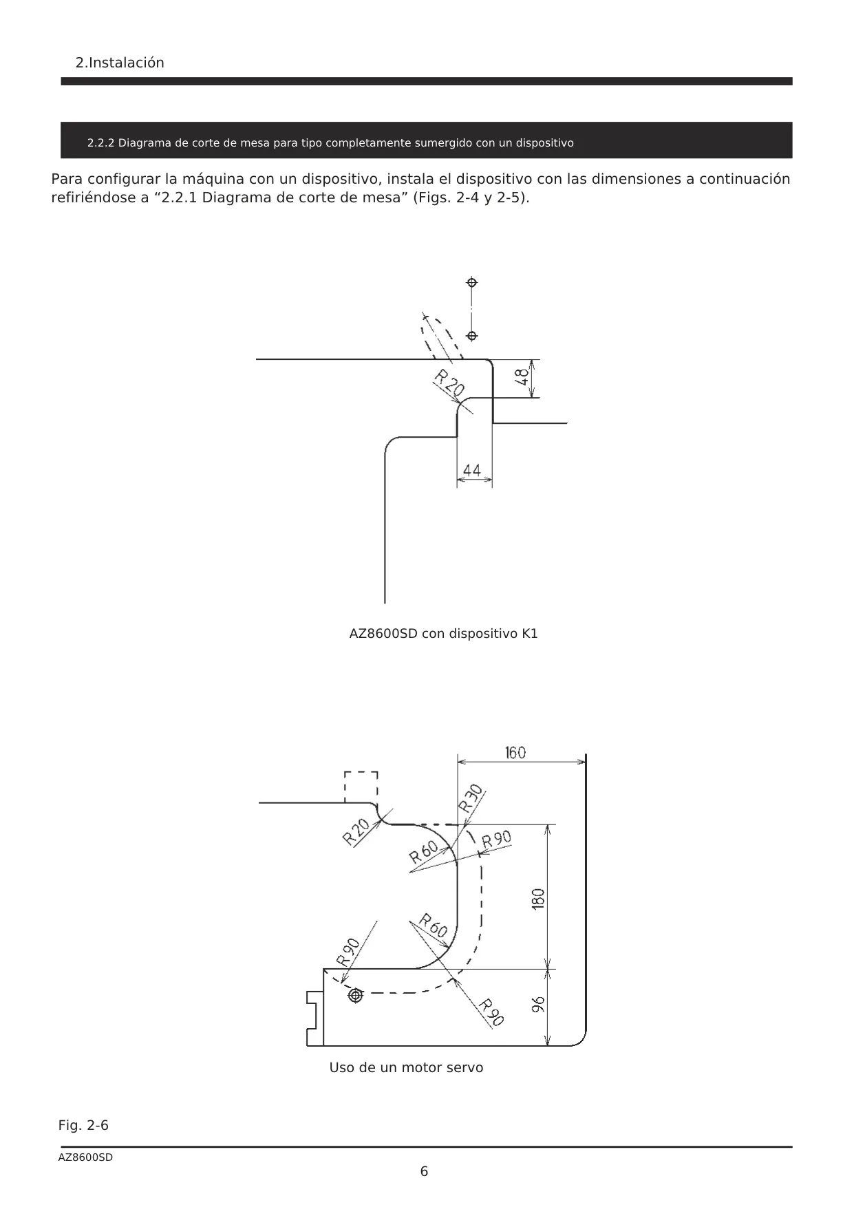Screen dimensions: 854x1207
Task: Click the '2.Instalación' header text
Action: [x=120, y=63]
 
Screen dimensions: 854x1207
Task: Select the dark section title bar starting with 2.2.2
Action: [x=427, y=140]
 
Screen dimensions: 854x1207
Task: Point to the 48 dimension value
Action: [x=522, y=378]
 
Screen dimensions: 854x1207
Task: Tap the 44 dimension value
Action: [x=472, y=471]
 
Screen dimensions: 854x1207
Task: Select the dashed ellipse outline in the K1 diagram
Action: [x=440, y=337]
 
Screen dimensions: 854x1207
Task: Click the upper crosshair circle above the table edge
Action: [x=472, y=282]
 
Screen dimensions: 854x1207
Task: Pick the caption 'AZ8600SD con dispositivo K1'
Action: [x=444, y=633]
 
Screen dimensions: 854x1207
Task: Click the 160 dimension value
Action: [x=515, y=753]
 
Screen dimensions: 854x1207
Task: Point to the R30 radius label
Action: [x=471, y=798]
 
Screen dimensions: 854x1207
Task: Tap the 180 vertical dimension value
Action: [x=539, y=899]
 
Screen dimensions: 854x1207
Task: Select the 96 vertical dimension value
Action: [x=539, y=1005]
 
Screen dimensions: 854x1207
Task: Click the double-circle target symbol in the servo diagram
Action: [x=356, y=996]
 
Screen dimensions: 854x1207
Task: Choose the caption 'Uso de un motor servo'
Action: [x=406, y=1067]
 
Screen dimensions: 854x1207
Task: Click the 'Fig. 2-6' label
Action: [x=83, y=1125]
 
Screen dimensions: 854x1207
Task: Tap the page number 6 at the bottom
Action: [x=424, y=1171]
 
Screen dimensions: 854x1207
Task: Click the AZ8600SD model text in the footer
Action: [x=85, y=1157]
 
